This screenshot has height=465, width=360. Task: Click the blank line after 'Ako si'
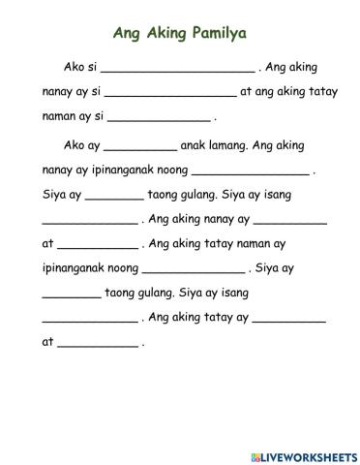[x=177, y=71]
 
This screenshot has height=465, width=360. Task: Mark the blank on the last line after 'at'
[x=98, y=344]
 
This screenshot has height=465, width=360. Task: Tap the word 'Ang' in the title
[x=129, y=34]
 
